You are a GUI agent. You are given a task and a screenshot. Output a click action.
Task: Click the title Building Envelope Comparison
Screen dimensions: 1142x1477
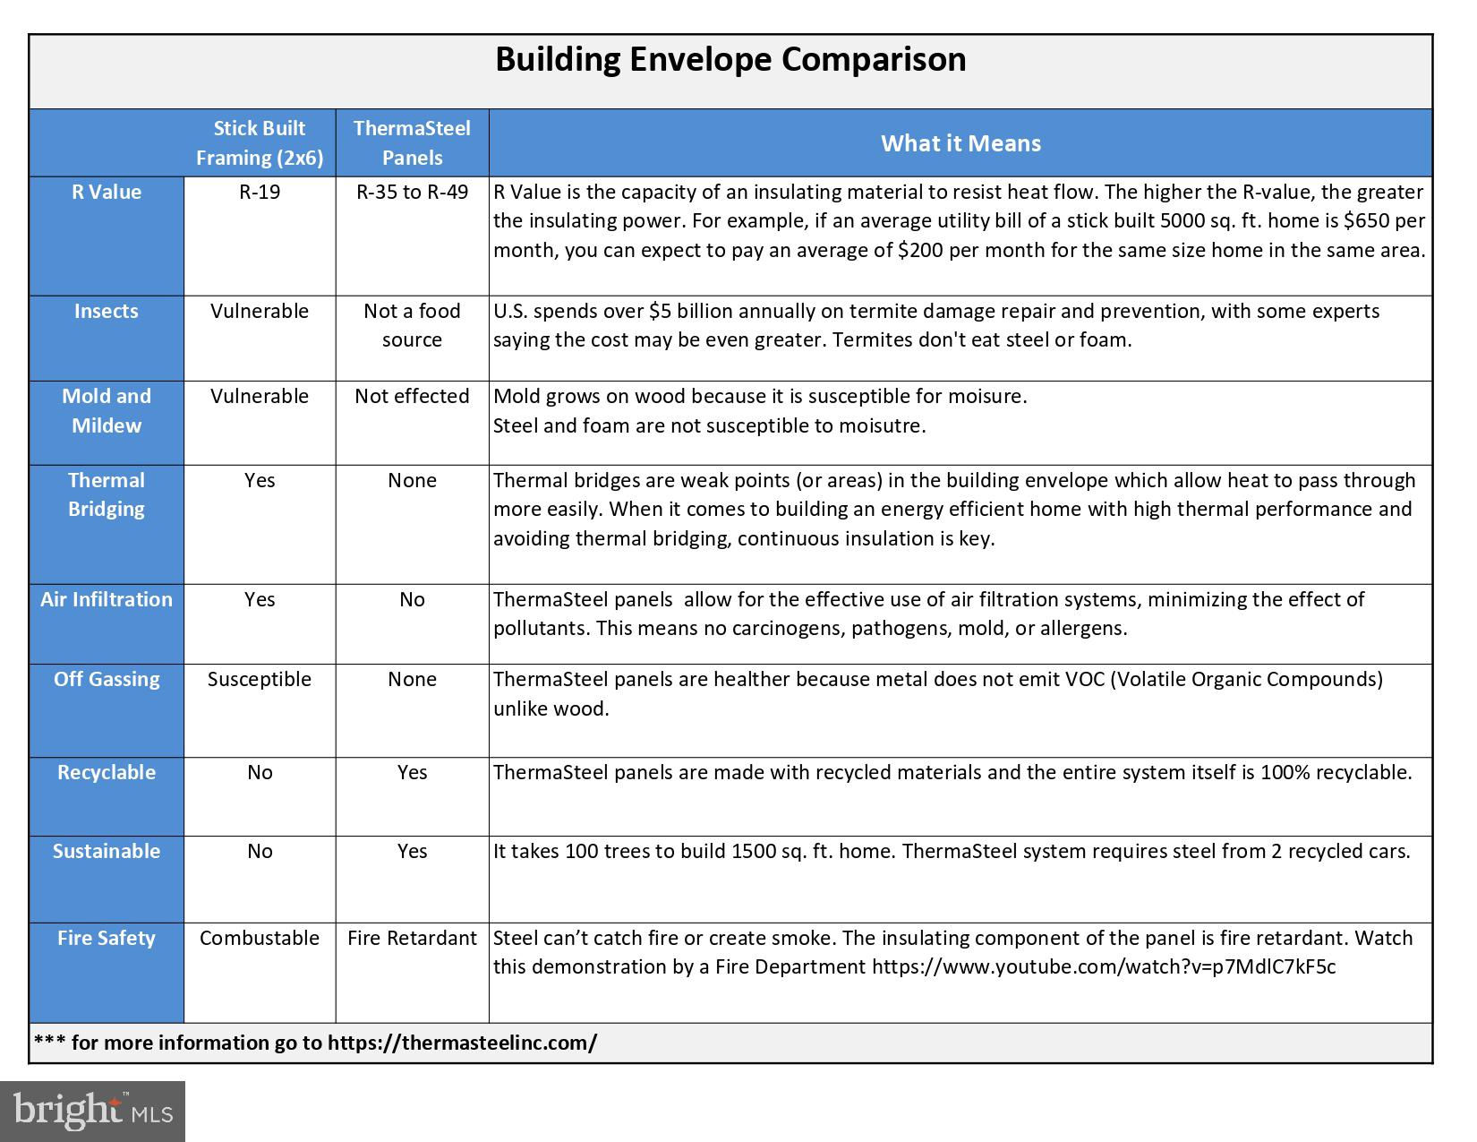pyautogui.click(x=730, y=60)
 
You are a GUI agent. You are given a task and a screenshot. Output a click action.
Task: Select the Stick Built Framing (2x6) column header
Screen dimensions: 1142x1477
pyautogui.click(x=260, y=142)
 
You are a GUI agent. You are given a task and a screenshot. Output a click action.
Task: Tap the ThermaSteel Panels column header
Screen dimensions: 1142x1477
pyautogui.click(x=412, y=142)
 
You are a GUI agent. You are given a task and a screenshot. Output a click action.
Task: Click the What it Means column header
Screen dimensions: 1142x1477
pyautogui.click(x=960, y=143)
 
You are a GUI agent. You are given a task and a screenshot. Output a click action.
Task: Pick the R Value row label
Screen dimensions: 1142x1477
pyautogui.click(x=107, y=193)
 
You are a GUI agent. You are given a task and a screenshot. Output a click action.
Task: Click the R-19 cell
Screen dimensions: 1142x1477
pyautogui.click(x=260, y=193)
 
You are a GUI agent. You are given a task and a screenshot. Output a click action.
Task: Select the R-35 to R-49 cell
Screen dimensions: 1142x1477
pyautogui.click(x=412, y=193)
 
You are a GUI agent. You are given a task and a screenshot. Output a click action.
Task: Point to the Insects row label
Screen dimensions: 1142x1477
pyautogui.click(x=107, y=312)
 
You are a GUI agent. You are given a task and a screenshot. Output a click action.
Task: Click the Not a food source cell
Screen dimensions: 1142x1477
pyautogui.click(x=412, y=325)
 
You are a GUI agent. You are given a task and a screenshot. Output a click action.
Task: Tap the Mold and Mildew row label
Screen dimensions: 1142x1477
pyautogui.click(x=107, y=410)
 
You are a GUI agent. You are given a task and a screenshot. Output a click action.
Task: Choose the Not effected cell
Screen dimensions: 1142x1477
pyautogui.click(x=412, y=396)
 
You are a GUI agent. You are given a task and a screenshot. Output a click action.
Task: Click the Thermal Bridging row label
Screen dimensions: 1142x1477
pyautogui.click(x=107, y=494)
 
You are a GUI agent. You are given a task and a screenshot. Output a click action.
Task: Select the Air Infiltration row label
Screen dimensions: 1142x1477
pyautogui.click(x=107, y=599)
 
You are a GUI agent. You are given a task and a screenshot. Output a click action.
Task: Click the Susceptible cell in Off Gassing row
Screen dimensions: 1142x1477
pyautogui.click(x=260, y=679)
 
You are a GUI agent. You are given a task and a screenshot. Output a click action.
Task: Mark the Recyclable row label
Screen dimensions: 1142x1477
pyautogui.click(x=107, y=772)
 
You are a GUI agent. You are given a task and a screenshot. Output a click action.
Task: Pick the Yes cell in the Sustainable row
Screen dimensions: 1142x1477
pyautogui.click(x=412, y=851)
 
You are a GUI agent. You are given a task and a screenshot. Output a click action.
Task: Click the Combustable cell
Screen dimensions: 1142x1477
pyautogui.click(x=260, y=938)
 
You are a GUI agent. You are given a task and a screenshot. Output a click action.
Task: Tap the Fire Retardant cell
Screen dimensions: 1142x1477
pyautogui.click(x=412, y=938)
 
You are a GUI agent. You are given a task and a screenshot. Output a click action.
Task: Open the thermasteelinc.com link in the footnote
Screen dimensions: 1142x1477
pyautogui.click(x=462, y=1043)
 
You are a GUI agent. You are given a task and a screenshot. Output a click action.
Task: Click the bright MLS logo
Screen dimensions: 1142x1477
pyautogui.click(x=92, y=1112)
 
